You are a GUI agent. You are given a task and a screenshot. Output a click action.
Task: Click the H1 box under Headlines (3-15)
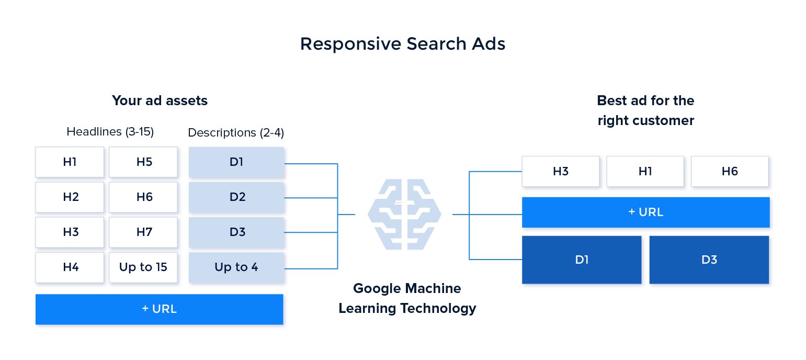click(70, 162)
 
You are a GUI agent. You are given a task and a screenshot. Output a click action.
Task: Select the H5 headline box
click(144, 162)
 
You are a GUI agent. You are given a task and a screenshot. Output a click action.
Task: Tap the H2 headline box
click(70, 197)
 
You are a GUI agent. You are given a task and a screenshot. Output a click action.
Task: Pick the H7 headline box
click(144, 232)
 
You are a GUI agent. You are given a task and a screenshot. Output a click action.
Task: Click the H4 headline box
click(70, 267)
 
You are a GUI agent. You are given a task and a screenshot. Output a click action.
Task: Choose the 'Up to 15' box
click(144, 267)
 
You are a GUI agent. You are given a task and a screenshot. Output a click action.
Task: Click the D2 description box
click(236, 197)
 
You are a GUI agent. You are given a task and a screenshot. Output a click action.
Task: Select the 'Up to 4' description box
click(236, 267)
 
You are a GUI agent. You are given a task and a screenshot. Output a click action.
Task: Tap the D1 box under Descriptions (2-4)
click(236, 162)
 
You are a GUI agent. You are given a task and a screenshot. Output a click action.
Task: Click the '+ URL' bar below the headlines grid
click(159, 309)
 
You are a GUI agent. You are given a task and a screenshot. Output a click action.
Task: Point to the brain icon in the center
click(404, 214)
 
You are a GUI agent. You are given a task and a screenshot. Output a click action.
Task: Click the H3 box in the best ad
click(561, 171)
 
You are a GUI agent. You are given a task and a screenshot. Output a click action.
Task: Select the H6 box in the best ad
click(730, 171)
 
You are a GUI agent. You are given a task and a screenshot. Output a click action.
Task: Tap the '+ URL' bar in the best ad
click(646, 212)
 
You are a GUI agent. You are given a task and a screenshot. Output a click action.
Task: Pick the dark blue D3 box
click(709, 260)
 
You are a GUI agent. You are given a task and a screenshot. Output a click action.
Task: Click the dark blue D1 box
click(582, 260)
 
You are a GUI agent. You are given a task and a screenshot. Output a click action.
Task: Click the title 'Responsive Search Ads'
click(403, 44)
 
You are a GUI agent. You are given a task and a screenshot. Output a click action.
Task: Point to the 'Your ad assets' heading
click(160, 100)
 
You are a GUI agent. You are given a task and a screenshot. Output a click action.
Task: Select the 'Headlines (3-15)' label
click(110, 132)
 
